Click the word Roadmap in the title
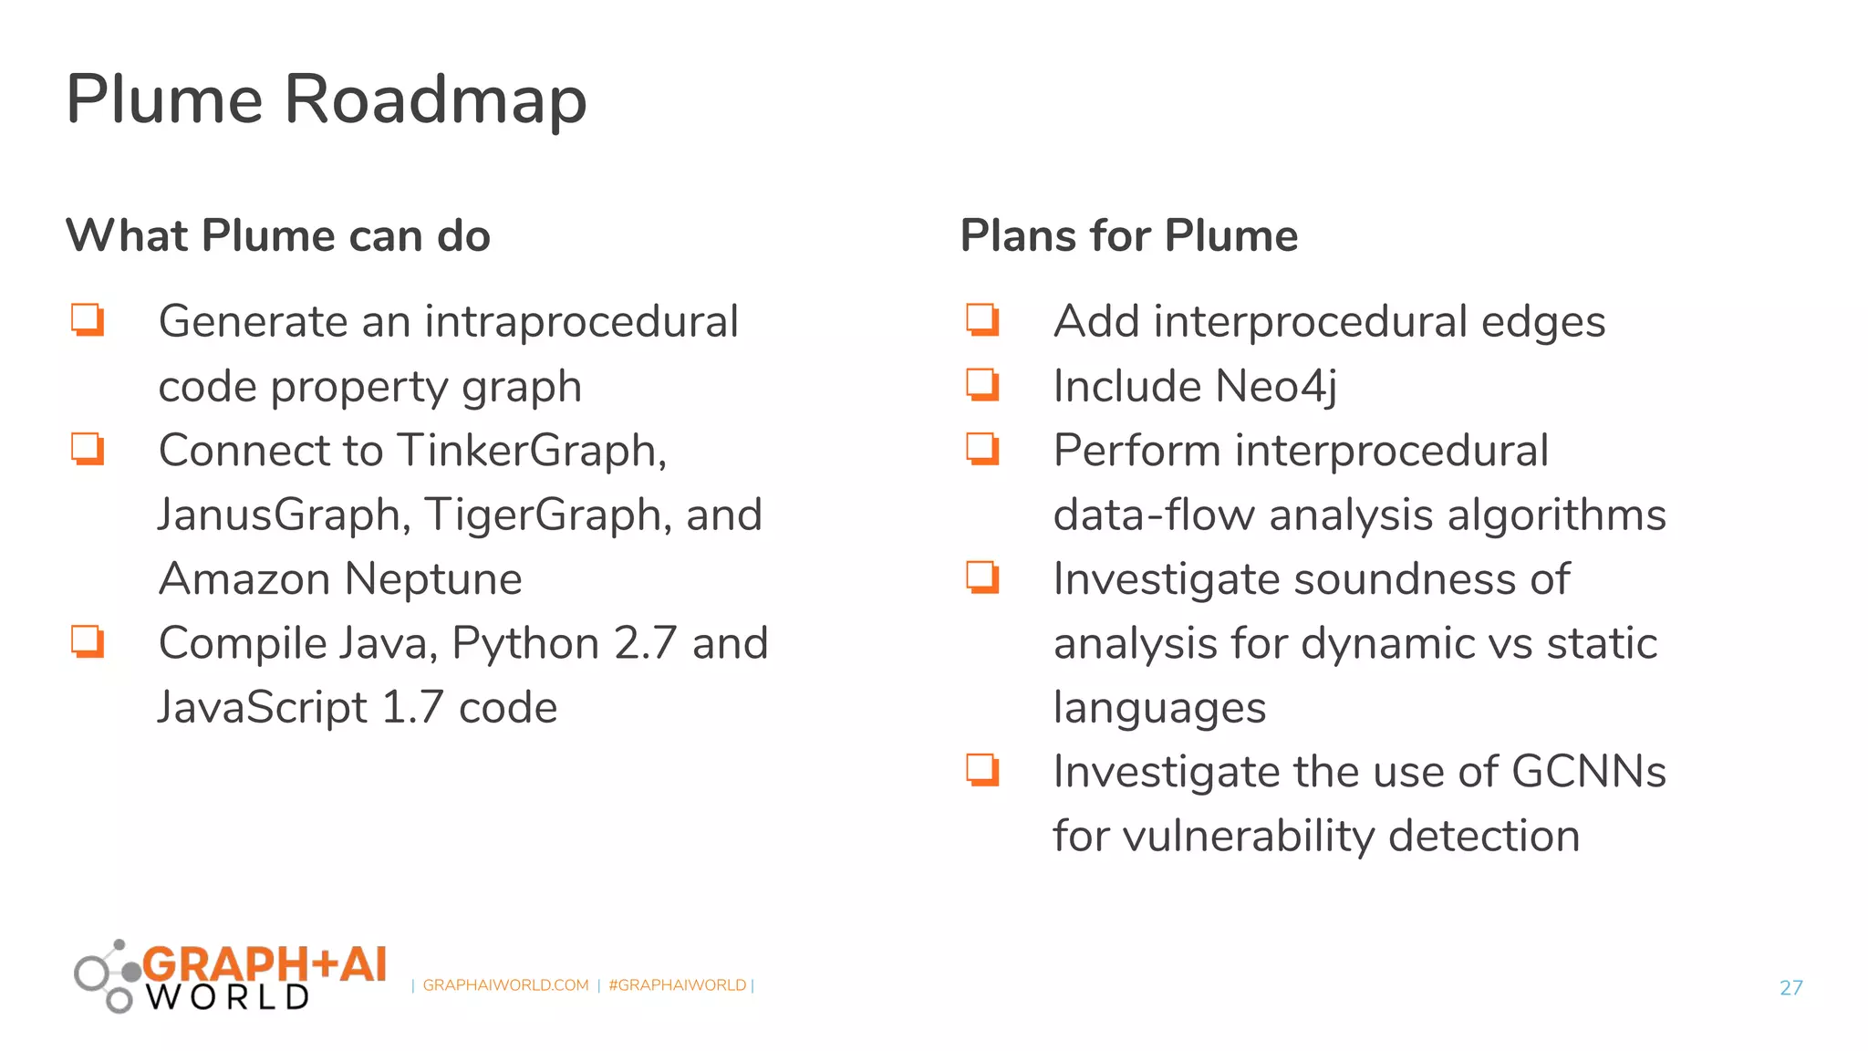435,99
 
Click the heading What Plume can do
278,235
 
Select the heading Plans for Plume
1128,235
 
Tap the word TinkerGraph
532,451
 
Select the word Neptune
433,579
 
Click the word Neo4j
1275,386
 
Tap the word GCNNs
1588,772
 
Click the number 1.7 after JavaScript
412,708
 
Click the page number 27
1790,987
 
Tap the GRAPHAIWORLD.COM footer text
505,985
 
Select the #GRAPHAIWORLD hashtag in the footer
677,985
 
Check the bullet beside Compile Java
88,641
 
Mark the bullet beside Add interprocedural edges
983,320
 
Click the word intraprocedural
581,322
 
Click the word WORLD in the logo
228,997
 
